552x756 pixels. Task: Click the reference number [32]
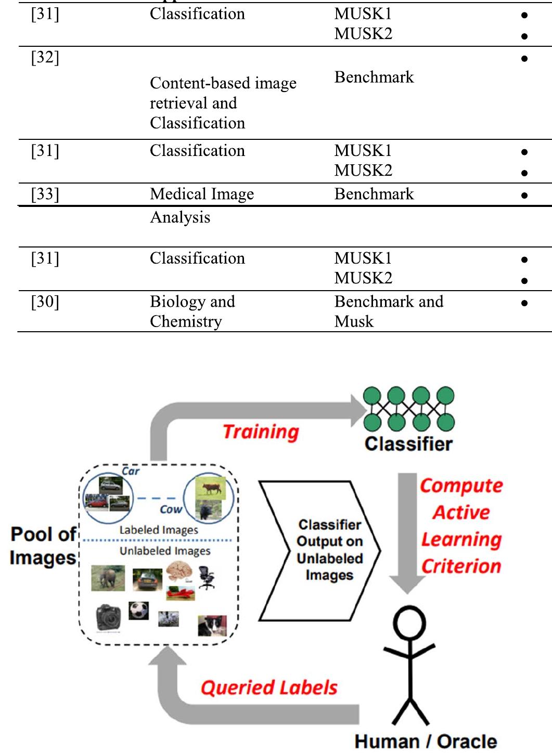[x=45, y=57]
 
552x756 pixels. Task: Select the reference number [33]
[x=45, y=194]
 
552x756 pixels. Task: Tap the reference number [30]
[x=45, y=302]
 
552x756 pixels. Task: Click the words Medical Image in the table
[x=202, y=194]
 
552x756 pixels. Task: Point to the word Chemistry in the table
[x=186, y=321]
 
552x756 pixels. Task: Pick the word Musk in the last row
[x=354, y=321]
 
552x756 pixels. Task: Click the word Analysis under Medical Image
[x=180, y=217]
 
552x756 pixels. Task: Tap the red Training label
[x=261, y=432]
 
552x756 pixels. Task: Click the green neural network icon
[x=408, y=409]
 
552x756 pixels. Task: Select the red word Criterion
[x=461, y=566]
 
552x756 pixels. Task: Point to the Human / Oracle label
[x=426, y=741]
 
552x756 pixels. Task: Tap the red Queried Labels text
[x=269, y=687]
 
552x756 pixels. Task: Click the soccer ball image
[x=138, y=610]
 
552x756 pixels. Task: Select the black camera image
[x=108, y=617]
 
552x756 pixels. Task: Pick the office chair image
[x=207, y=578]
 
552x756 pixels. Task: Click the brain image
[x=179, y=573]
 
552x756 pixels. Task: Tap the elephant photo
[x=108, y=578]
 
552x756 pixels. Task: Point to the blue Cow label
[x=171, y=510]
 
